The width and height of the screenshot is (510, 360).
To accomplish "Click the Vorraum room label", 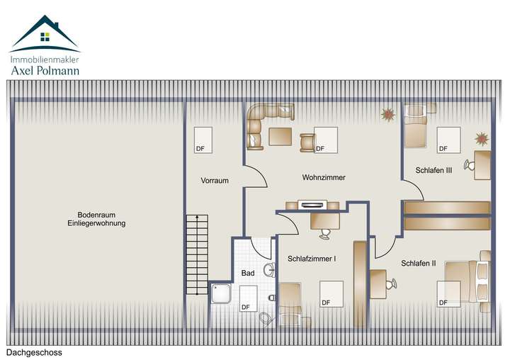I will click(215, 181).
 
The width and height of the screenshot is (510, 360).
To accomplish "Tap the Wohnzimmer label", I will click(324, 177).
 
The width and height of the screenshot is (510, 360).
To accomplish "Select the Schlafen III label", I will click(429, 171).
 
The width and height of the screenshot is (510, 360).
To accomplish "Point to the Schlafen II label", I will click(419, 263).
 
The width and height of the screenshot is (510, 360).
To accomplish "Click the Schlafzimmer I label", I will click(312, 259).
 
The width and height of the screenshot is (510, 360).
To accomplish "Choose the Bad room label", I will click(248, 273).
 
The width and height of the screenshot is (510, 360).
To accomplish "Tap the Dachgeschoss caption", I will click(34, 352).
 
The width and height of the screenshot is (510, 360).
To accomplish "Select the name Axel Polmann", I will click(44, 71).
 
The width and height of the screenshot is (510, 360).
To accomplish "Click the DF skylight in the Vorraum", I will click(203, 140).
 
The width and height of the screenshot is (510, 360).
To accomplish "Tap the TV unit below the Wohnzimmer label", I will click(312, 206).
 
